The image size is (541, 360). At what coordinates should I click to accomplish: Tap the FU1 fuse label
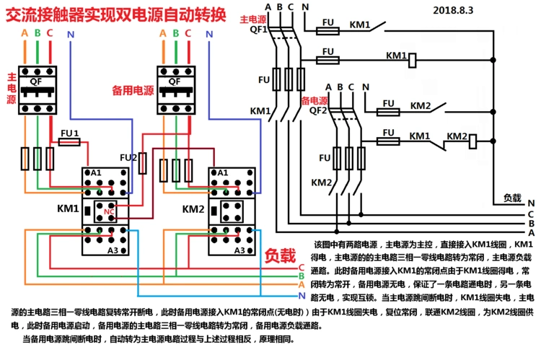pyautogui.click(x=69, y=133)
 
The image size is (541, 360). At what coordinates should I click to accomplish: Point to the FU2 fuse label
pyautogui.click(x=128, y=157)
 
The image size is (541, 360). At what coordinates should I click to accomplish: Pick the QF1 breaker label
pyautogui.click(x=258, y=30)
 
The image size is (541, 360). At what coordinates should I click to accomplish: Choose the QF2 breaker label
pyautogui.click(x=318, y=111)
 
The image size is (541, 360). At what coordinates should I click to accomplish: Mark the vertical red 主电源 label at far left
pyautogui.click(x=12, y=87)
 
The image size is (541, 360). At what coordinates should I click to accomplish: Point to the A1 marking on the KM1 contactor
pyautogui.click(x=97, y=173)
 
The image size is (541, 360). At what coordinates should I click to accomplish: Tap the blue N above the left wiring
pyautogui.click(x=70, y=33)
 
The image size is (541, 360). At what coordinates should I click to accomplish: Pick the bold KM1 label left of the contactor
pyautogui.click(x=67, y=209)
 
